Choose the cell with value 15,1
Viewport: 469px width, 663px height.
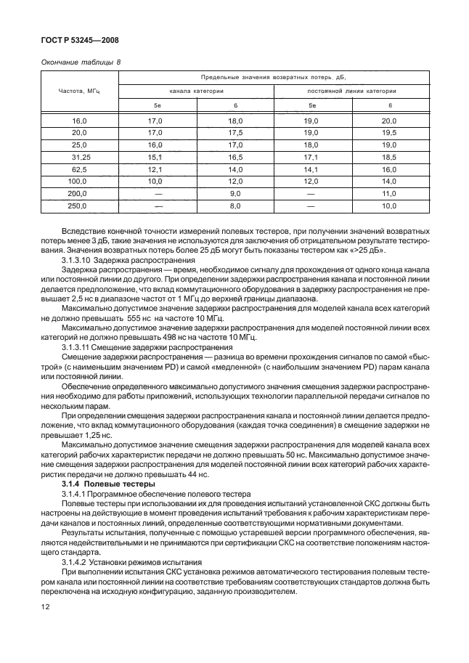(155, 157)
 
